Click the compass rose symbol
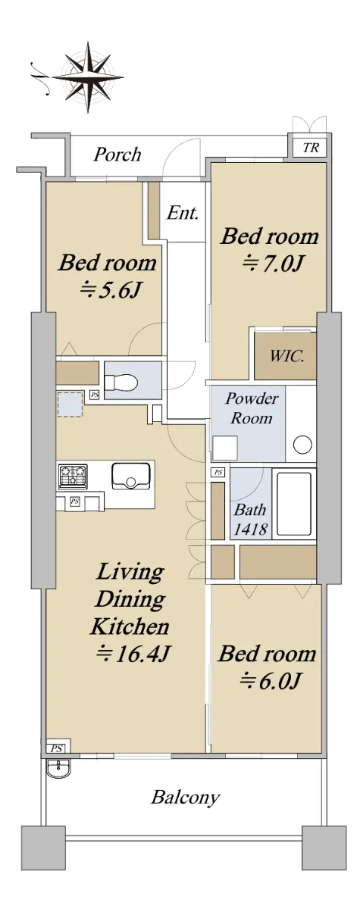click(88, 77)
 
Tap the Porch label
click(117, 155)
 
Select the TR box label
click(311, 147)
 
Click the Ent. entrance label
click(183, 213)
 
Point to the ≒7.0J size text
click(272, 264)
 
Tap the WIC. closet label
click(287, 357)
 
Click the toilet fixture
click(121, 383)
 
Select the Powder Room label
click(252, 408)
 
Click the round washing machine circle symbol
click(302, 445)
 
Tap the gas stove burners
click(73, 476)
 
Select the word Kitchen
click(130, 626)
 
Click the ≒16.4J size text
click(133, 654)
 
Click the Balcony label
click(186, 798)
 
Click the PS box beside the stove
click(75, 502)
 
